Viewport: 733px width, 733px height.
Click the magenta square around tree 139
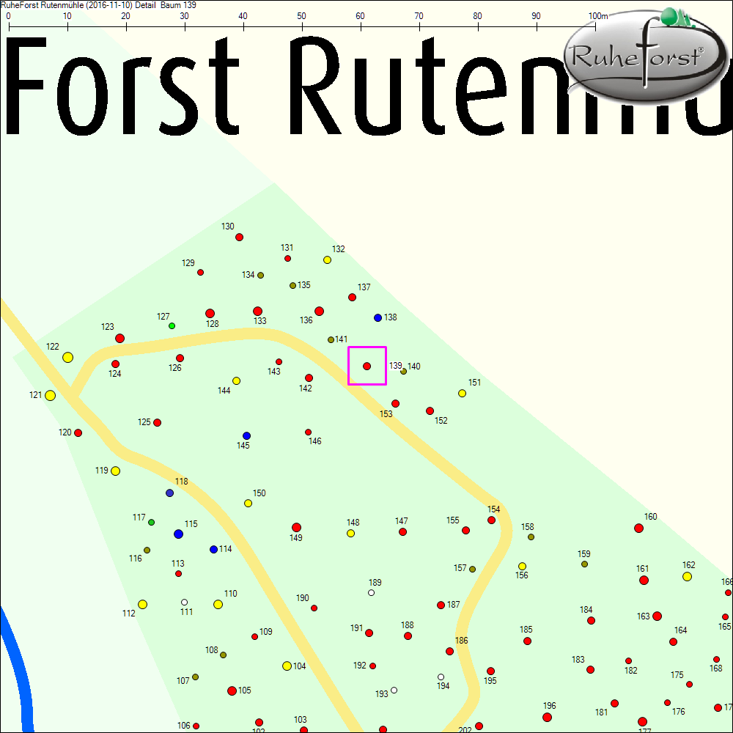tap(366, 365)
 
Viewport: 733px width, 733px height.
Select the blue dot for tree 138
tap(377, 317)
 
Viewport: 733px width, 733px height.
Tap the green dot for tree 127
tap(172, 325)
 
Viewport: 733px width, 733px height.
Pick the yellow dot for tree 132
tap(327, 259)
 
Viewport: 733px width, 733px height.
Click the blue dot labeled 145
tap(246, 435)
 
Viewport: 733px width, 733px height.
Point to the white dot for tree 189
tap(371, 592)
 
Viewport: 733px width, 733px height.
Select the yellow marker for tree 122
tap(67, 357)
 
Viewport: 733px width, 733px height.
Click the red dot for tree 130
tap(239, 237)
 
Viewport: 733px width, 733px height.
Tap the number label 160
tap(650, 517)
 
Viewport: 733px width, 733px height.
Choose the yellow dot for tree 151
tap(462, 393)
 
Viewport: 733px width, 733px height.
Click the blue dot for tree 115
tap(178, 534)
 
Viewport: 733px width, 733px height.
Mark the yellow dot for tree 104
tap(287, 666)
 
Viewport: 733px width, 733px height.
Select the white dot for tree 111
tap(184, 602)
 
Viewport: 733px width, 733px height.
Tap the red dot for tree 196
tap(547, 717)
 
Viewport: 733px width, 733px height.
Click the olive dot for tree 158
tap(531, 537)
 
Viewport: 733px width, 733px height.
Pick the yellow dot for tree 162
tap(687, 576)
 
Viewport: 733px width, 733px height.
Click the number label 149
tap(295, 538)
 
